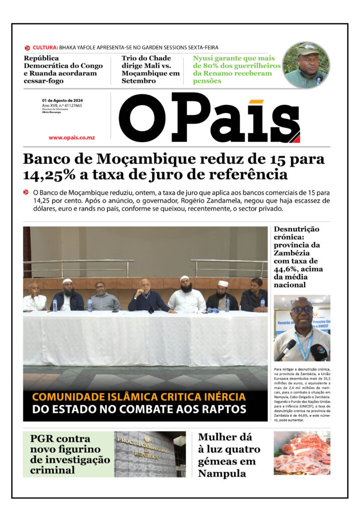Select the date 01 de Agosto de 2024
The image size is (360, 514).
pos(62,101)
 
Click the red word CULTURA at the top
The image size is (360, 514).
pos(45,48)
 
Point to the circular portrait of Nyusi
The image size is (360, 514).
pos(306,65)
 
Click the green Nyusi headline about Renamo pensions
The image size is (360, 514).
pos(234,69)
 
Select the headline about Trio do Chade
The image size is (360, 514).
pos(150,69)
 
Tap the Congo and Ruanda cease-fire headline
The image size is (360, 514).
pos(63,69)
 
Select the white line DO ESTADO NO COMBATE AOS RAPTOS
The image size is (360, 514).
pos(139,410)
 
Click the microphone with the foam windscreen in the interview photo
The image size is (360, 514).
pos(318,351)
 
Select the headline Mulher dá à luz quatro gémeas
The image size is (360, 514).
pos(229,455)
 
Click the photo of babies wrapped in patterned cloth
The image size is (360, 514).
pos(302,453)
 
